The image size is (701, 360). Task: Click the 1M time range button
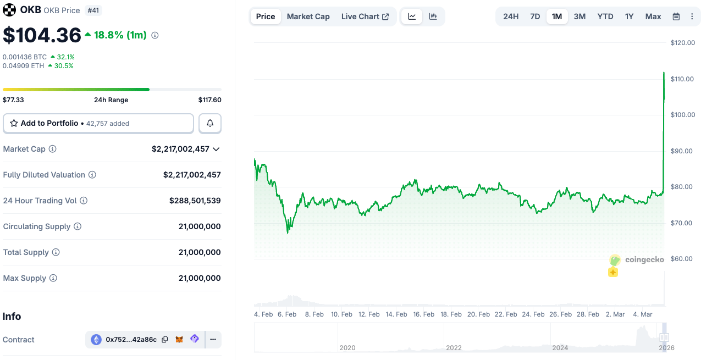[x=557, y=16]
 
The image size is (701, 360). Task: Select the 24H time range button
[x=511, y=16]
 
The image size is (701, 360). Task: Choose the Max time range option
[x=653, y=16]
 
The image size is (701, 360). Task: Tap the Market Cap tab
[x=308, y=16]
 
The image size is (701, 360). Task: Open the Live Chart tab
[x=365, y=16]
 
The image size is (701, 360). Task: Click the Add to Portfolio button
[x=98, y=124]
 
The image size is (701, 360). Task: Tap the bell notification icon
[x=210, y=124]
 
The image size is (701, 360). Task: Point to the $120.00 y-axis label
[x=682, y=43]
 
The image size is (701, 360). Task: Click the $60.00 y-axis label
[x=682, y=259]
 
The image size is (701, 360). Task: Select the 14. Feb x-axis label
[x=396, y=314]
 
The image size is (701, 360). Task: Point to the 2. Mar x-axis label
[x=615, y=314]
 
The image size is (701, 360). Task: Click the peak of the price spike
[x=664, y=73]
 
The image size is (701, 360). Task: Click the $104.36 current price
[x=42, y=35]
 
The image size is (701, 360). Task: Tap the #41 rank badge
[x=94, y=10]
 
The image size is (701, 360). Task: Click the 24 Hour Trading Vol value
[x=195, y=201]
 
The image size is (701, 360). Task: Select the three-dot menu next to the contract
[x=213, y=340]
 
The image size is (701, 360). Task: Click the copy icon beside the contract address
[x=165, y=340]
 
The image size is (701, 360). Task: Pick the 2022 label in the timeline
[x=454, y=347]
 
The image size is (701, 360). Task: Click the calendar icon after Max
[x=676, y=16]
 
